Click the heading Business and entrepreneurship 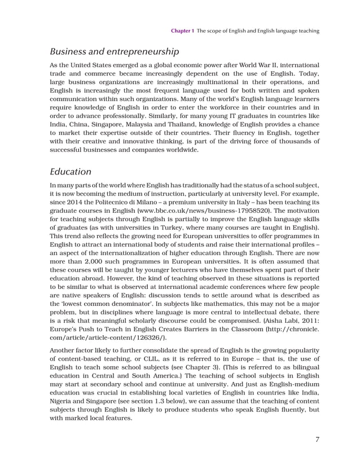pos(115,52)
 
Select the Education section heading pos(71,171)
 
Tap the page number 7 pos(317,440)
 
